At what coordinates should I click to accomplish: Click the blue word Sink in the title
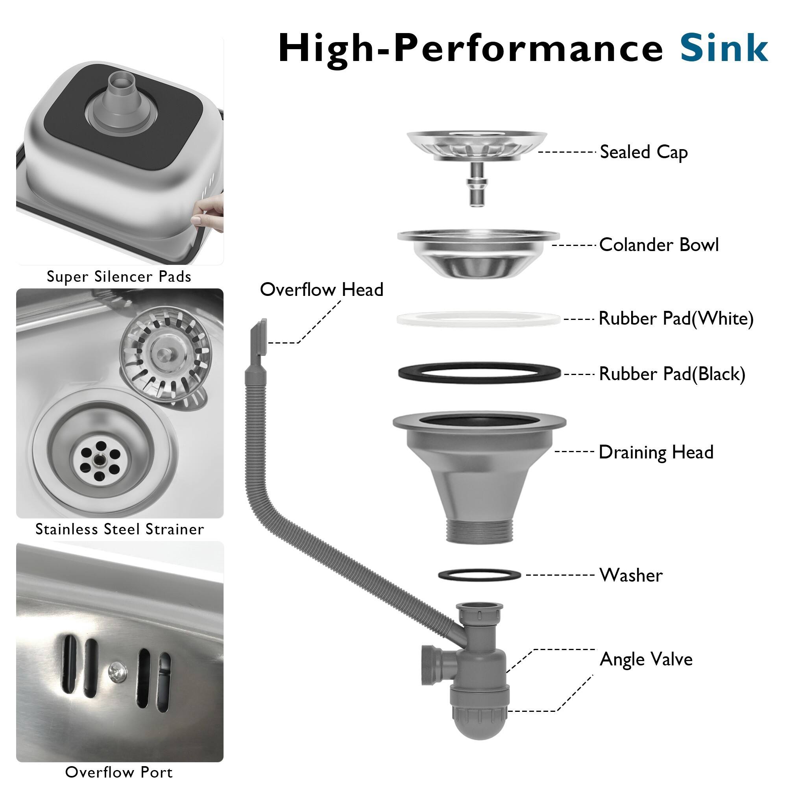(x=724, y=49)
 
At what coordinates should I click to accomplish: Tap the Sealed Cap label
(x=644, y=152)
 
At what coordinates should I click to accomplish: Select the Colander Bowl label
(x=658, y=245)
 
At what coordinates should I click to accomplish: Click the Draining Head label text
(x=656, y=452)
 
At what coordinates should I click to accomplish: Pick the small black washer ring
(x=479, y=575)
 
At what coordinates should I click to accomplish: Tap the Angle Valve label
(x=646, y=659)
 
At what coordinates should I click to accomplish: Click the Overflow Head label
(x=321, y=290)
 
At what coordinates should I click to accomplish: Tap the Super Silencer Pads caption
(x=119, y=277)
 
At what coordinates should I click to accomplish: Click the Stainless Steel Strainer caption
(x=119, y=529)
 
